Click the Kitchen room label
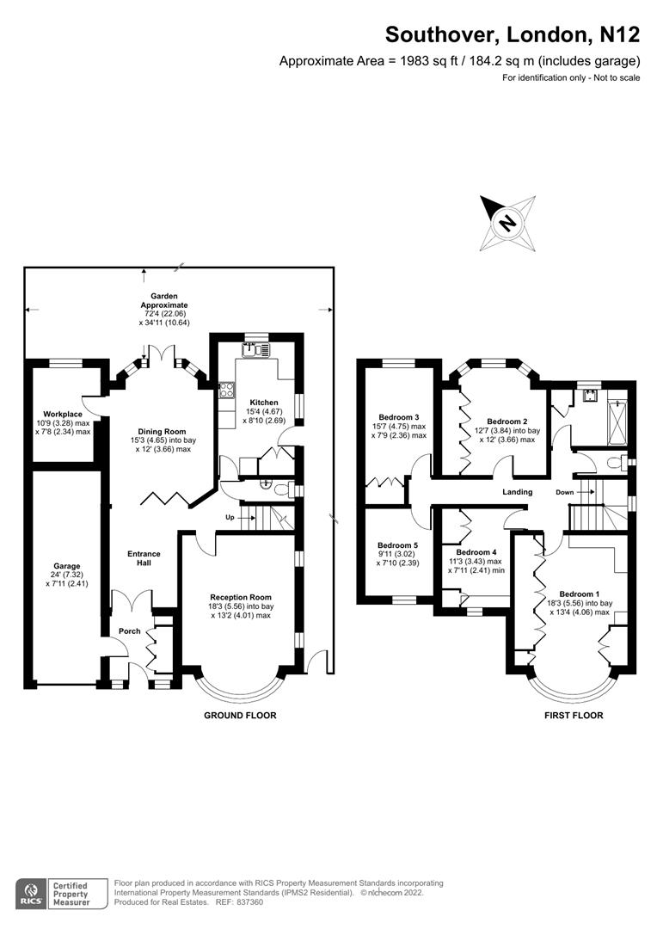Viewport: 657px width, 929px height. coord(264,403)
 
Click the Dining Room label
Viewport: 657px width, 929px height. coord(163,432)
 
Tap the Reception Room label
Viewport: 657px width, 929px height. coord(241,597)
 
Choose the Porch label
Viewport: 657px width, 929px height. coord(130,631)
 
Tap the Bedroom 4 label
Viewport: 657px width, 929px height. coord(476,552)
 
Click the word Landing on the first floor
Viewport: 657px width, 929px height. coord(518,492)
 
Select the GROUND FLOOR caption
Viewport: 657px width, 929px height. coord(240,715)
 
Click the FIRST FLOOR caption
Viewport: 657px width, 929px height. coord(574,715)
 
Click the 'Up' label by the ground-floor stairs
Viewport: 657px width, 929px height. coord(230,517)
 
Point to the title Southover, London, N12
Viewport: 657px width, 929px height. coord(512,34)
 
